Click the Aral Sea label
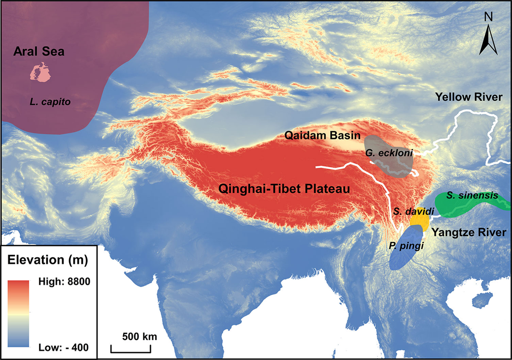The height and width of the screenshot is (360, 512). [x=38, y=52]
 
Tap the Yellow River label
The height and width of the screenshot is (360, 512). [x=468, y=97]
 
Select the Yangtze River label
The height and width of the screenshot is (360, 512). [x=468, y=232]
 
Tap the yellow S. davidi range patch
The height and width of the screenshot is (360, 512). [x=419, y=220]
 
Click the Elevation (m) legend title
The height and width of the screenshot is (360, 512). [x=48, y=259]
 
